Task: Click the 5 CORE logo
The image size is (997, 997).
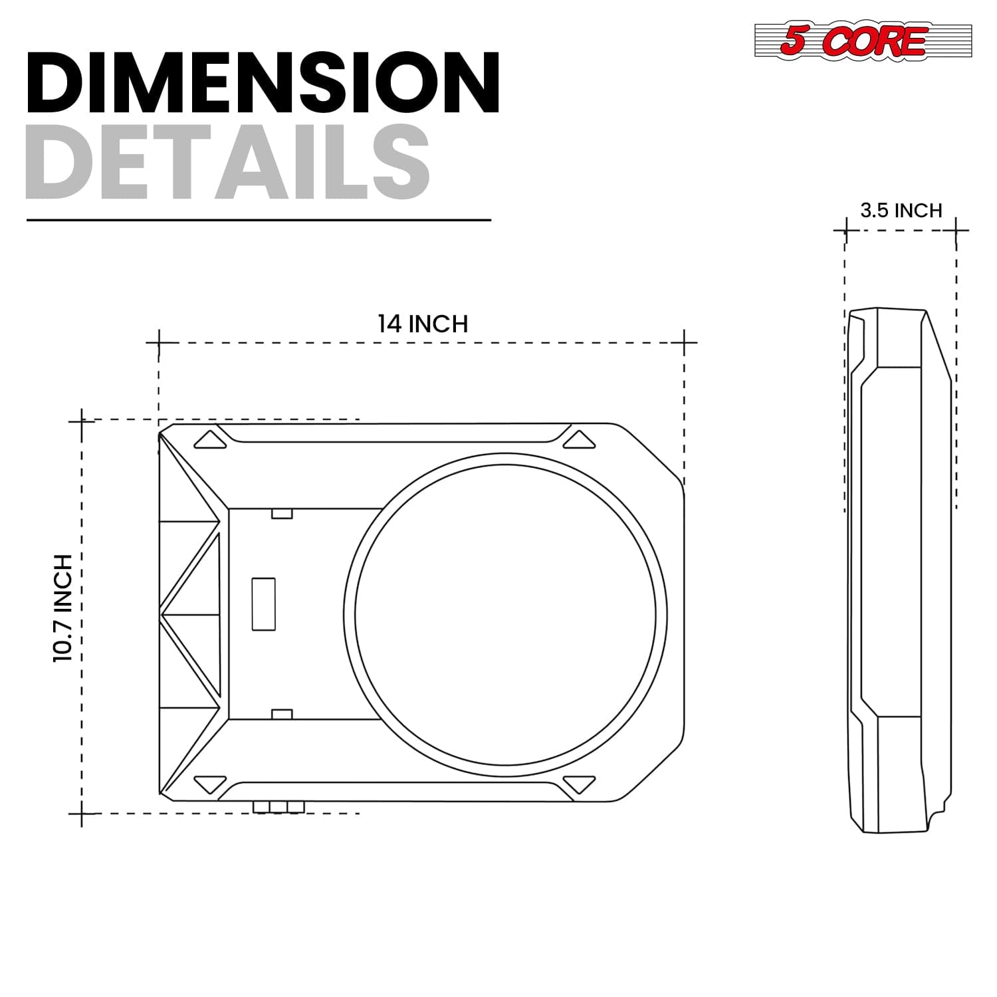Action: point(863,41)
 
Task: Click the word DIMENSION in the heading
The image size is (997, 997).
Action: point(263,82)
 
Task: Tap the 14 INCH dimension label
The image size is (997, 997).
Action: point(423,324)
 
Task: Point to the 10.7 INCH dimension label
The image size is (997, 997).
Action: point(62,608)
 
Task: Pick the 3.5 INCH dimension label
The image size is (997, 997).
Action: point(901,211)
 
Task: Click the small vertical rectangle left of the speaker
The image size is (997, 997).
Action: point(263,604)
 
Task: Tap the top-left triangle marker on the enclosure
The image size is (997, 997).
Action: point(211,439)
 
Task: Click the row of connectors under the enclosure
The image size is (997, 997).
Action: point(278,807)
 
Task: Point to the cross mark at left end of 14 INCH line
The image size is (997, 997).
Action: point(158,343)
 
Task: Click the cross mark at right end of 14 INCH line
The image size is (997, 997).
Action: point(684,343)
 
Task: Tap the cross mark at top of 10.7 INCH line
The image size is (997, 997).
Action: point(82,420)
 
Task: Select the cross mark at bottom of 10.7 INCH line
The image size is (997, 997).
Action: point(82,814)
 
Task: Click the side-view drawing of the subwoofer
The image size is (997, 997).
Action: point(899,570)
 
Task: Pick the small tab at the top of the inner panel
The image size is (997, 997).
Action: point(282,514)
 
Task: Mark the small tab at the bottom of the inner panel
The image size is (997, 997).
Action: point(282,715)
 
